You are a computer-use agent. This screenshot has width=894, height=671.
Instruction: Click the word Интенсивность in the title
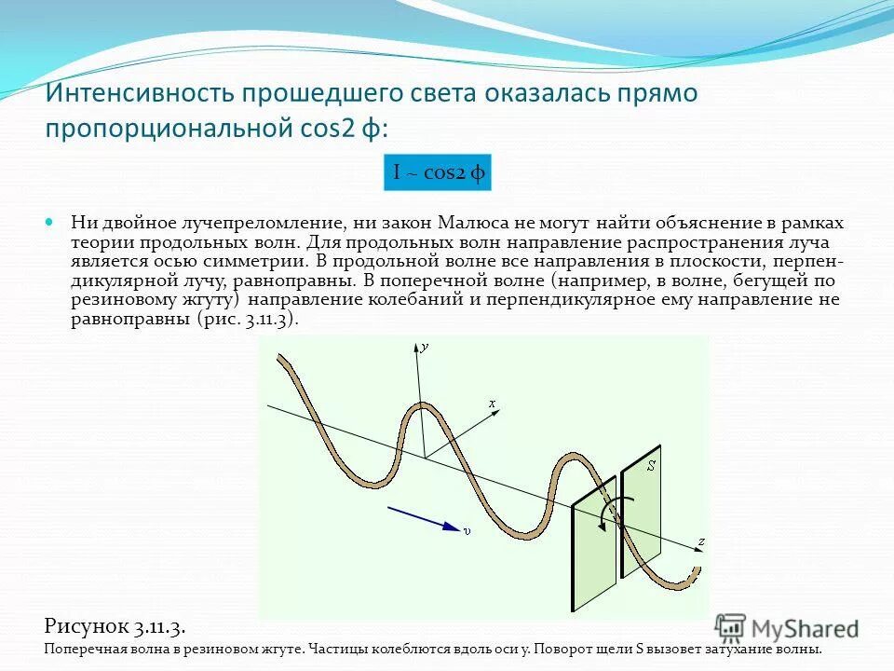[139, 94]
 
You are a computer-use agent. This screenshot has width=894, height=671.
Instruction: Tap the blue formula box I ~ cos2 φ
[437, 172]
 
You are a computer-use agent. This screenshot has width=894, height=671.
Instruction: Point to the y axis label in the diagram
[425, 346]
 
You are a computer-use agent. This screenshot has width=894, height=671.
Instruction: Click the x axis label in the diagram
[493, 403]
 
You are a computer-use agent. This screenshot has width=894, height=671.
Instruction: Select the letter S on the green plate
[651, 464]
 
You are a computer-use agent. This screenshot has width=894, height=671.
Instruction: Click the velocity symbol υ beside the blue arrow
[467, 530]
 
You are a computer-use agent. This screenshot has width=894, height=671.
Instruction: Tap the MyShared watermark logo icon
[731, 627]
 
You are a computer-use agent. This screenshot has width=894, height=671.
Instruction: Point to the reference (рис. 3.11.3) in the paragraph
[248, 318]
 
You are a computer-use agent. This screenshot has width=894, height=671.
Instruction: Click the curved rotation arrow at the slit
[619, 512]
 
